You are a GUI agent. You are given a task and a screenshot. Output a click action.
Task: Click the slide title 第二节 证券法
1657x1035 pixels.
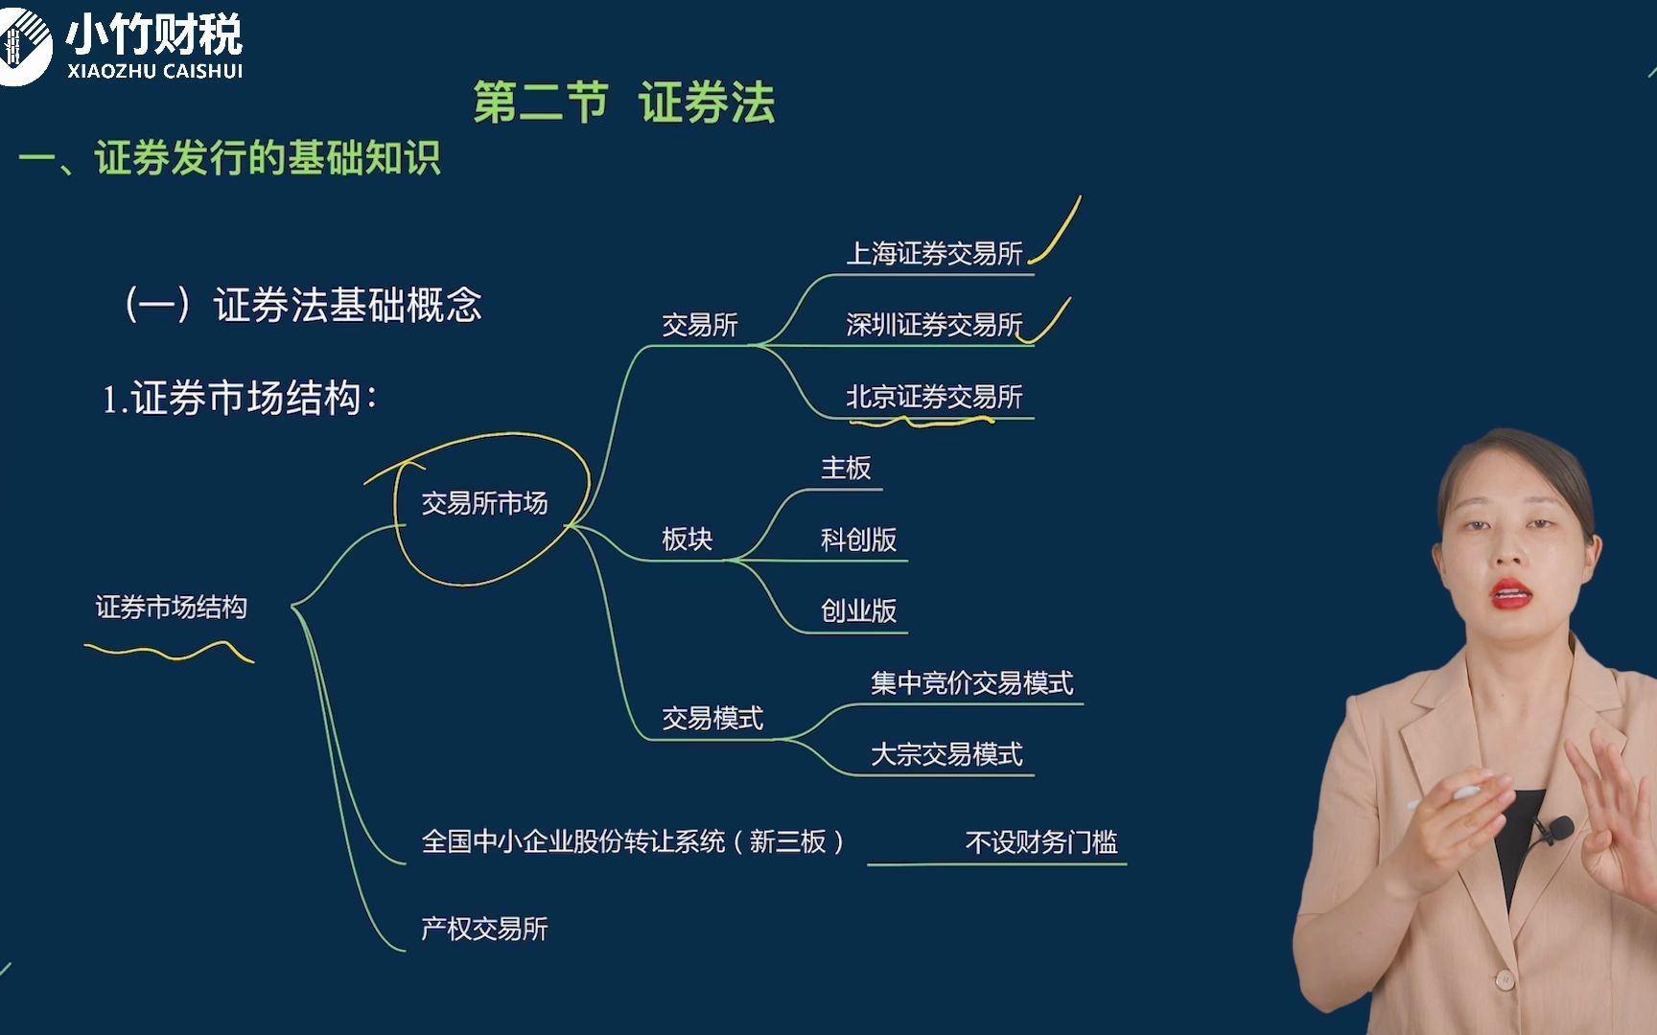click(x=624, y=103)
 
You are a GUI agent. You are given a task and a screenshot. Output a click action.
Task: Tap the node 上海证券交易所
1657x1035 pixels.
click(x=934, y=254)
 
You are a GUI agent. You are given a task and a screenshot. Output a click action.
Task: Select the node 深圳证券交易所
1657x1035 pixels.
click(x=934, y=325)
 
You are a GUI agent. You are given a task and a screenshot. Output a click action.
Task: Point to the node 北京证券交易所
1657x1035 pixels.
click(x=934, y=397)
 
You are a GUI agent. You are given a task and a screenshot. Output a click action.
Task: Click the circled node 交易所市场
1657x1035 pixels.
click(x=484, y=503)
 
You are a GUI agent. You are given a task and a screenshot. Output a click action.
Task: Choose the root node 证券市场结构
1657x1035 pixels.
click(x=171, y=608)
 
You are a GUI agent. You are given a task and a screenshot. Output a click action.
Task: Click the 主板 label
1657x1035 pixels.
click(x=846, y=469)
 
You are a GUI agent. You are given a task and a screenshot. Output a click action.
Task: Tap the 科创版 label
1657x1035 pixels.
click(x=858, y=540)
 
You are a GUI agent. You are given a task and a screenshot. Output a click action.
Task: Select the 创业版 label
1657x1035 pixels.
click(x=858, y=610)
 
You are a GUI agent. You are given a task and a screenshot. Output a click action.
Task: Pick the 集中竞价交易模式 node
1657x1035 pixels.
click(x=971, y=683)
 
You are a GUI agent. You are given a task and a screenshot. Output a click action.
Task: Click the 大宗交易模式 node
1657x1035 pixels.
click(x=946, y=754)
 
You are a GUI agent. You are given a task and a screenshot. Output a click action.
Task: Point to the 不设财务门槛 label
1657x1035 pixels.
click(x=1041, y=842)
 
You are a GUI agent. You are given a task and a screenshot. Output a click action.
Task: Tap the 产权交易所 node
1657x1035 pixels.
click(x=484, y=929)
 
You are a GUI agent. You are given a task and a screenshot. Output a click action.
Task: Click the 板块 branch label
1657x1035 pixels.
click(x=687, y=540)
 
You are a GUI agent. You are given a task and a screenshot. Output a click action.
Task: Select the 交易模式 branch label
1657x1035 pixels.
click(x=712, y=718)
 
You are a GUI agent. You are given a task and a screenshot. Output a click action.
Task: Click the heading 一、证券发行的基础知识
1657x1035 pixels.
click(x=230, y=158)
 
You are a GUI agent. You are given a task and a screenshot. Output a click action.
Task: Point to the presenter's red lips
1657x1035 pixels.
click(x=1511, y=594)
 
